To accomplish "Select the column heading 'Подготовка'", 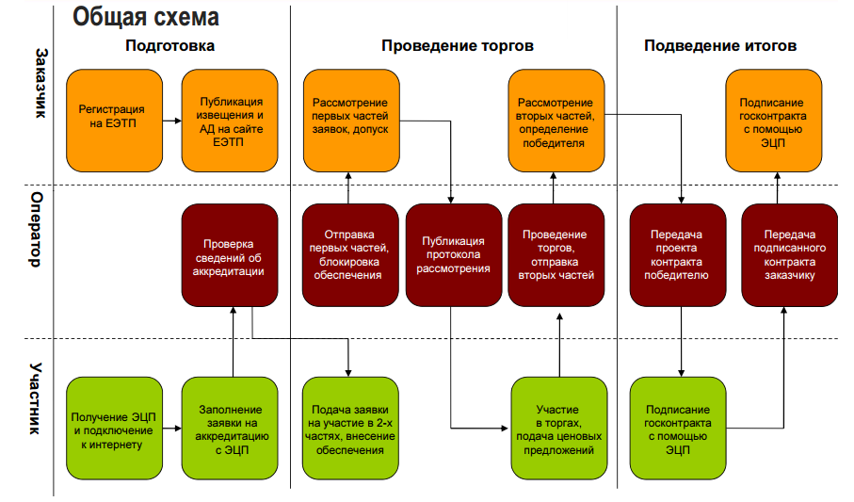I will point(169,45).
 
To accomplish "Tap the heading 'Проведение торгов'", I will point(458,45).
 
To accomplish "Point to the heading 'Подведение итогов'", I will point(720,45).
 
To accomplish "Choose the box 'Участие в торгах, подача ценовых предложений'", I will point(556,429).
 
